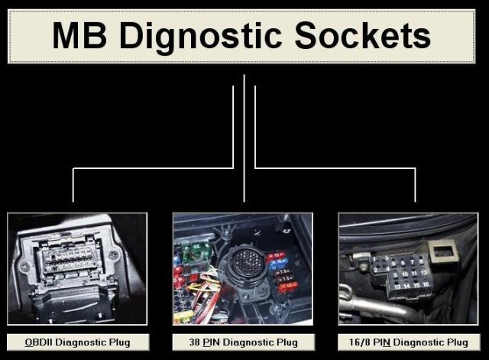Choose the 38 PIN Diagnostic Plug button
coord(243,342)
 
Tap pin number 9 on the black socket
coord(393,271)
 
